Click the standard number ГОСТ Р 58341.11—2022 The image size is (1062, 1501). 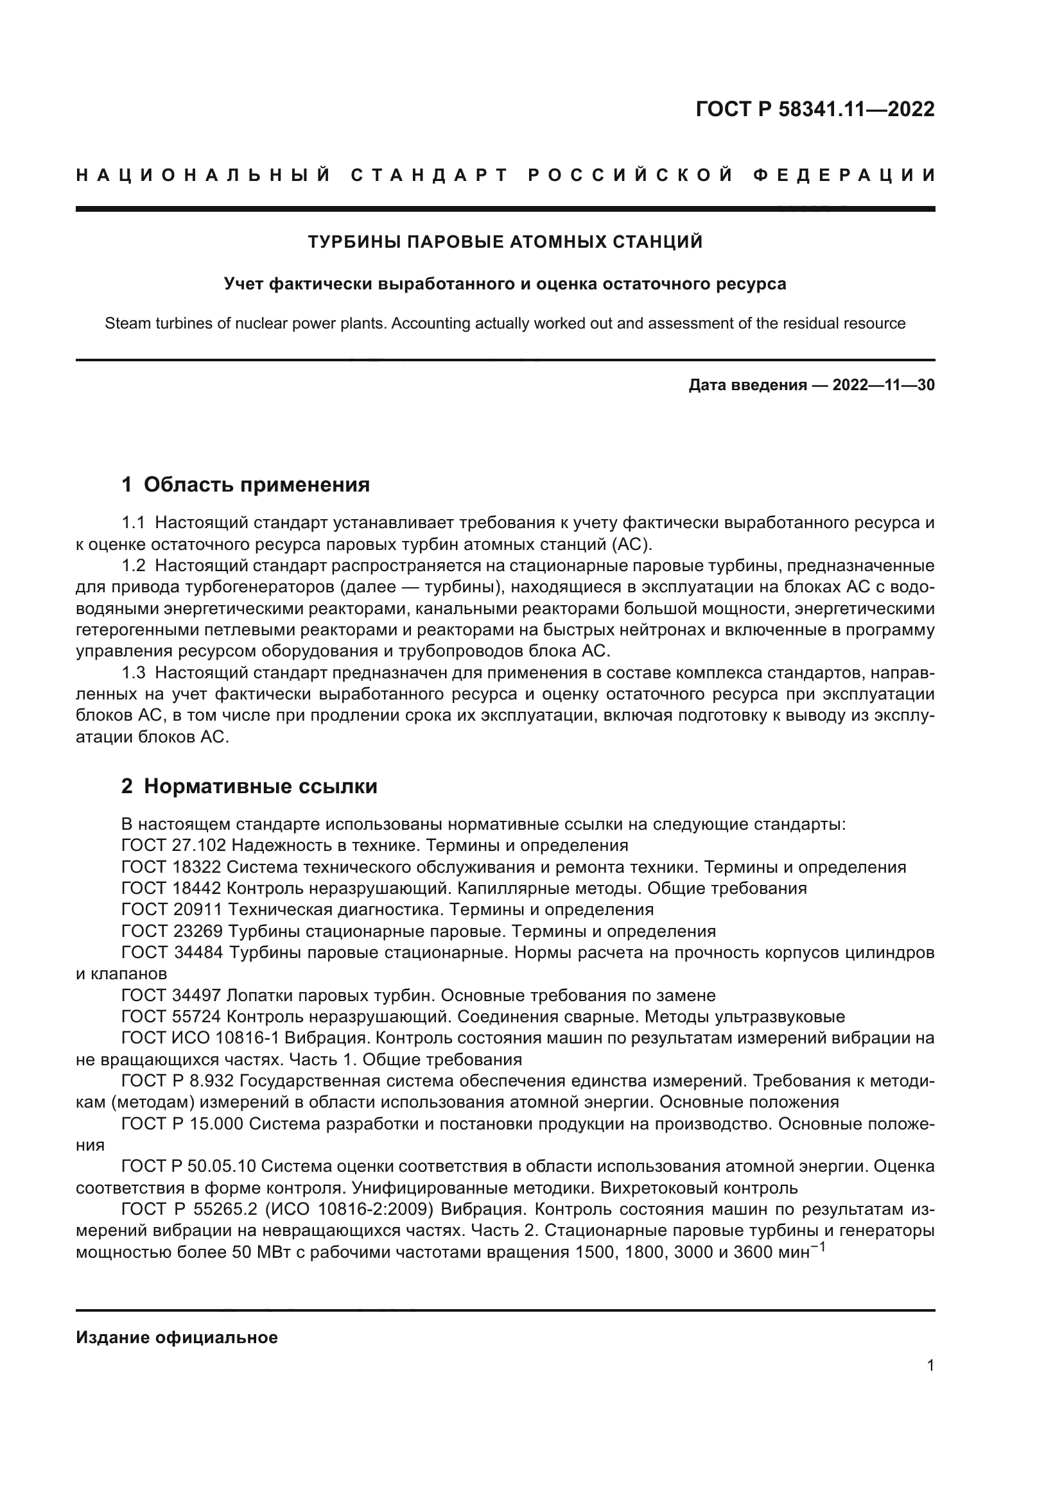(815, 109)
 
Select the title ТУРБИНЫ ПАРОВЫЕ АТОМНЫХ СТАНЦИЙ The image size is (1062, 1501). (505, 242)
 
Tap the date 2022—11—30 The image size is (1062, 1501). (883, 385)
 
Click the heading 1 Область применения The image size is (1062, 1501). (245, 485)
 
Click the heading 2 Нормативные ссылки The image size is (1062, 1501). (249, 786)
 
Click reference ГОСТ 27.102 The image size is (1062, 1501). (174, 845)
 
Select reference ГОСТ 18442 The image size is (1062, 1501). (174, 888)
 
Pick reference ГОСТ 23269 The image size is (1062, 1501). (174, 931)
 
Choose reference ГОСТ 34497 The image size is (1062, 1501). (174, 995)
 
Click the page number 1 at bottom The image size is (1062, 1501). (930, 1365)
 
